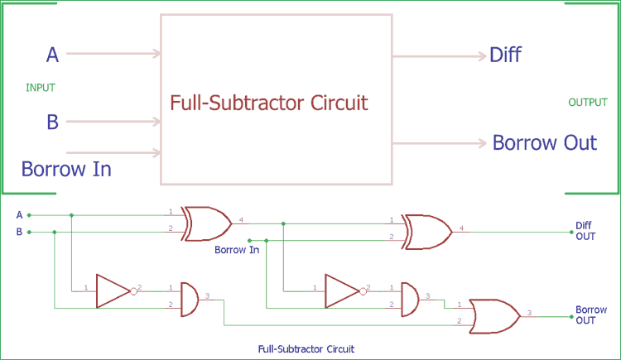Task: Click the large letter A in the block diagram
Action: (x=52, y=55)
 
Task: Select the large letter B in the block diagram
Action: (x=52, y=122)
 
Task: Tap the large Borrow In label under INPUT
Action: (x=66, y=170)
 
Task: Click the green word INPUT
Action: (x=41, y=88)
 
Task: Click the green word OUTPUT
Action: (x=587, y=103)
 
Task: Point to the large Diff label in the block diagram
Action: (x=505, y=55)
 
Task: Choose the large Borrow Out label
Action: (x=544, y=142)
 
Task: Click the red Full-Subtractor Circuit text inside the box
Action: (x=268, y=103)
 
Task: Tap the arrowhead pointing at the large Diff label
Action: (x=481, y=56)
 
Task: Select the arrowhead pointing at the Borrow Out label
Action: (x=481, y=143)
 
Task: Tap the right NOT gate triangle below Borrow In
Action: (x=343, y=290)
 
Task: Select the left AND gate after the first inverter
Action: (x=189, y=297)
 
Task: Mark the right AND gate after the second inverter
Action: (x=410, y=297)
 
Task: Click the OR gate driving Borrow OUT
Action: (x=494, y=315)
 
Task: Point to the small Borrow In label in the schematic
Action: (x=237, y=249)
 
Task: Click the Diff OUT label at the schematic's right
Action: (x=585, y=230)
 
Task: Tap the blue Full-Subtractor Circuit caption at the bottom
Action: (x=306, y=349)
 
